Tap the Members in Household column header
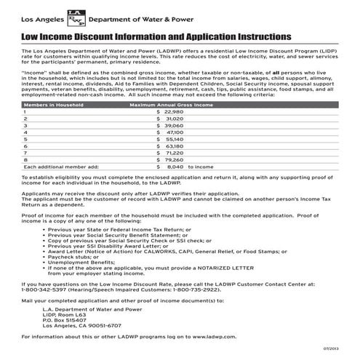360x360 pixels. click(x=54, y=105)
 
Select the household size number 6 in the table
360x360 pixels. click(x=25, y=146)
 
